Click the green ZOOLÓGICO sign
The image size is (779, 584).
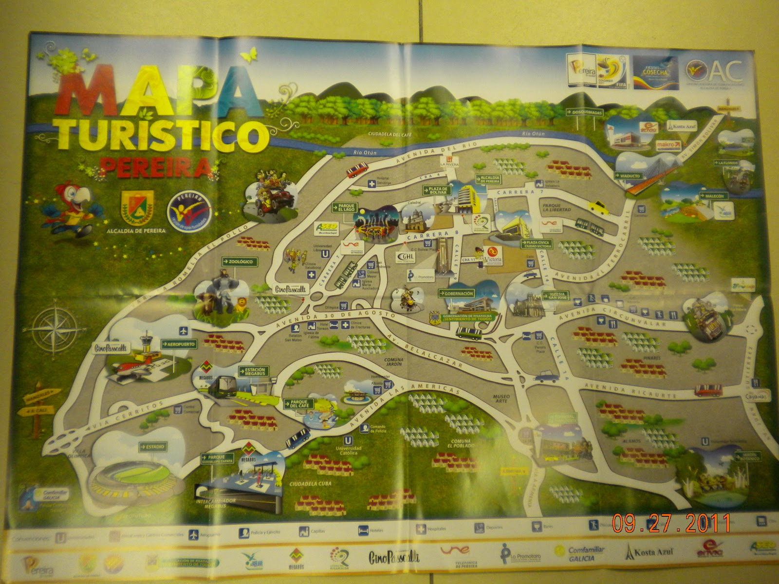coord(240,262)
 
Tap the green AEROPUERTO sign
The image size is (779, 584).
coord(179,344)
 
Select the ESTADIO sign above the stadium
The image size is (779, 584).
coord(152,446)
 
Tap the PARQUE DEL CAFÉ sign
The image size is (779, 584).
coord(299,404)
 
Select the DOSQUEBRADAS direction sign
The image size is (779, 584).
coord(584,112)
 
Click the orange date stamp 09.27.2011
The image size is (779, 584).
coord(671,523)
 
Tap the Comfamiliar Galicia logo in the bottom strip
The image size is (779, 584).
coord(580,553)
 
